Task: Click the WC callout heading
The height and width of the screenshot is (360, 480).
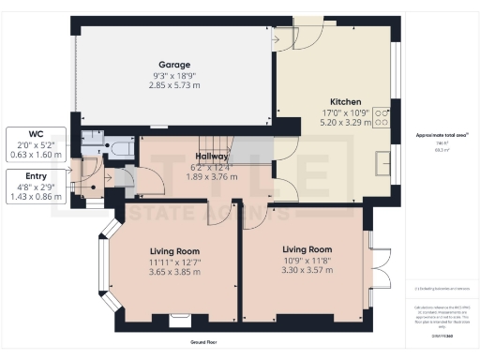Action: click(35, 133)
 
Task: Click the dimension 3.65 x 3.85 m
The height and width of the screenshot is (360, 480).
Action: click(175, 272)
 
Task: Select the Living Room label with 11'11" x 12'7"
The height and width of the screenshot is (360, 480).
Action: click(175, 250)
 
